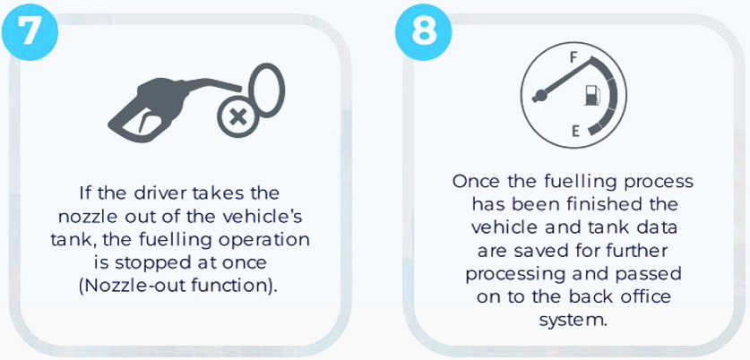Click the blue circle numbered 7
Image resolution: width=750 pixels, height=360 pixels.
(30, 31)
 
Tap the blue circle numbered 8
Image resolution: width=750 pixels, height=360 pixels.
(423, 31)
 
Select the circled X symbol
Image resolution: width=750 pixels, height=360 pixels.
(237, 117)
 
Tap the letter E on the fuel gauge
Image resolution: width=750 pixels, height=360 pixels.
(576, 131)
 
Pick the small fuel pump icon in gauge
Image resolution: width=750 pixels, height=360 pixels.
(591, 95)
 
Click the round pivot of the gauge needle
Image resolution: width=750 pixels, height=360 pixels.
(540, 95)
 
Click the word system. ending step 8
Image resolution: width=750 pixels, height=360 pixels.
(573, 320)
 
